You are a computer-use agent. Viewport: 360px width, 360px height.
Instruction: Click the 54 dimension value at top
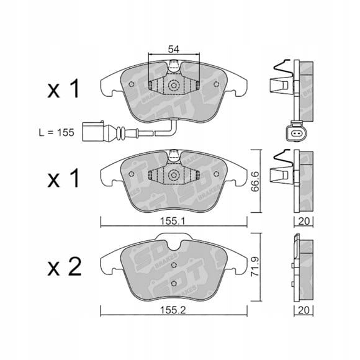click(173, 50)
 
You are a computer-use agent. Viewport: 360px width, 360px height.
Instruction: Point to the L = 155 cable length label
click(56, 133)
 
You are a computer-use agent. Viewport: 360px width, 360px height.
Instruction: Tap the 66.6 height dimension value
click(256, 181)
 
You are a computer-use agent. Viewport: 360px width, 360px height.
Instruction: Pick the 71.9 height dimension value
click(256, 266)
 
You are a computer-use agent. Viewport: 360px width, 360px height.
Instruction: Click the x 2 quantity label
click(65, 267)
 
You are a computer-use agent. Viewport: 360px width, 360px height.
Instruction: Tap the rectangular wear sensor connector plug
click(93, 132)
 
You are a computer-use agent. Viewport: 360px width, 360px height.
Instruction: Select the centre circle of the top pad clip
click(174, 86)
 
